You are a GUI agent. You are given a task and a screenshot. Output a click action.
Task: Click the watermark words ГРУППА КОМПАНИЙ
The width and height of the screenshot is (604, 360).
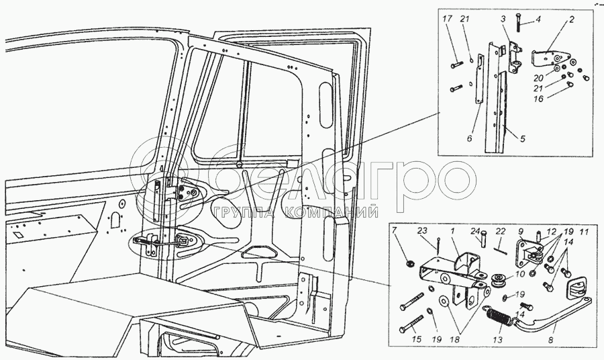(x=295, y=213)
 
